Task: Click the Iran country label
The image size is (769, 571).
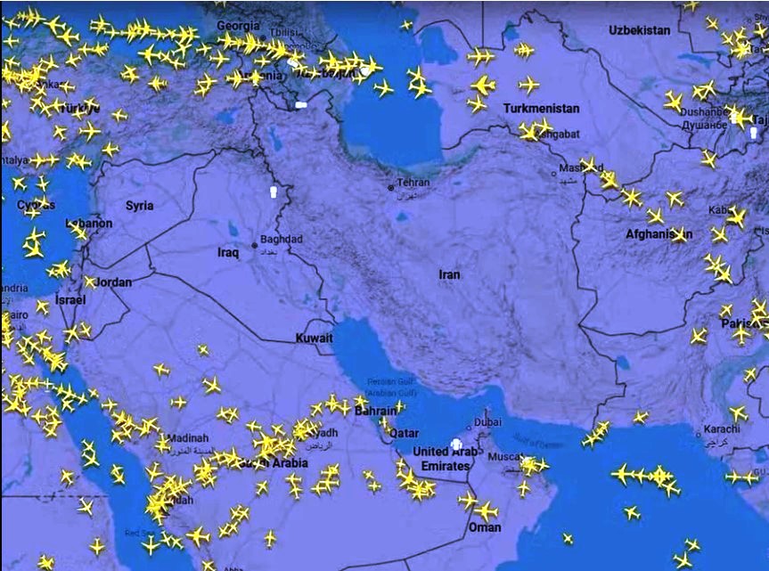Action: [449, 274]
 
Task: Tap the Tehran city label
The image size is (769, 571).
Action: [413, 183]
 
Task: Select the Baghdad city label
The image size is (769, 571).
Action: [283, 240]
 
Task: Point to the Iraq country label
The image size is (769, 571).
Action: [228, 253]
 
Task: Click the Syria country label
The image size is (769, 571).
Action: [139, 206]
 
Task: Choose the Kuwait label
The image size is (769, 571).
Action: [315, 339]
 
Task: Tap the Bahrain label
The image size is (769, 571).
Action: [375, 412]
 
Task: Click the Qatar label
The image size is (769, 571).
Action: [405, 433]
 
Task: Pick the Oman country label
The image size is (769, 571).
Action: [485, 527]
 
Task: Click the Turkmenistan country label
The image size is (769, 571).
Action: [541, 109]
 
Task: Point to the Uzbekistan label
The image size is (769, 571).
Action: [639, 30]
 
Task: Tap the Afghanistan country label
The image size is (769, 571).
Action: [659, 234]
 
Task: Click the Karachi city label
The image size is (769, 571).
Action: [721, 428]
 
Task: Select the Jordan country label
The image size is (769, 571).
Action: [114, 282]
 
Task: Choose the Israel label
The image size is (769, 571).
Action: [70, 300]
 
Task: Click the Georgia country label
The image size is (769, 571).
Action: [239, 26]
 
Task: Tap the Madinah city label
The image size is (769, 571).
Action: [188, 437]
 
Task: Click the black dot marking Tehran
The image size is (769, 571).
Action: [390, 188]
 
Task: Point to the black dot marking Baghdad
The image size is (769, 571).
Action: [256, 244]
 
